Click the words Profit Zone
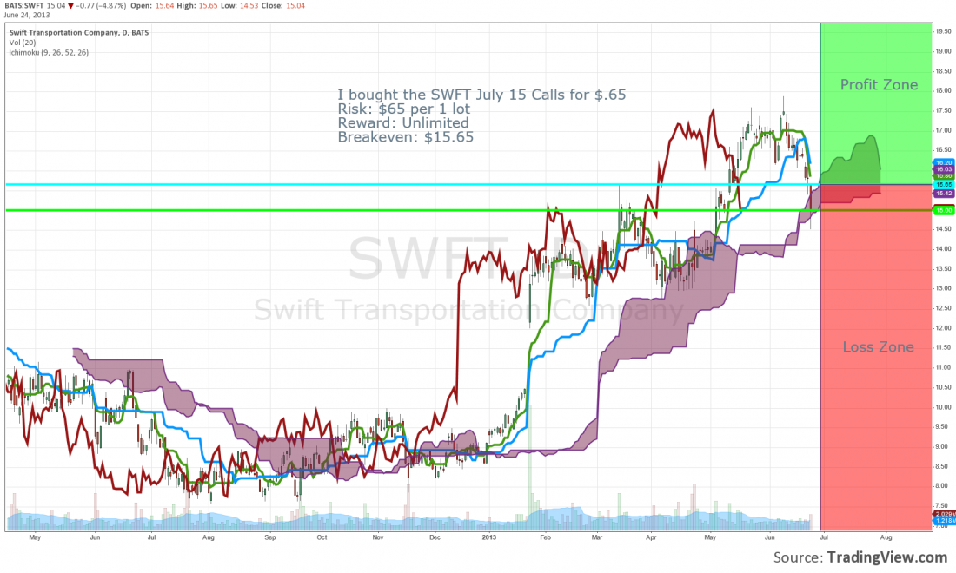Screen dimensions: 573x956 point(879,85)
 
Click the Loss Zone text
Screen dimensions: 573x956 point(878,347)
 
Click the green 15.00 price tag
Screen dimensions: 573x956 point(945,210)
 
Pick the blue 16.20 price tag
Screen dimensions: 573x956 point(945,162)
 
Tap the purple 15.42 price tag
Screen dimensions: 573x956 point(945,193)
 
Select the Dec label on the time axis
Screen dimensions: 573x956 point(435,538)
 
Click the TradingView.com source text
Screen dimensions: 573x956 point(886,557)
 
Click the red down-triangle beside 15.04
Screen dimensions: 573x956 point(70,5)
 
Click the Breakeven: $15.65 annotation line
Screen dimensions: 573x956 point(405,136)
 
